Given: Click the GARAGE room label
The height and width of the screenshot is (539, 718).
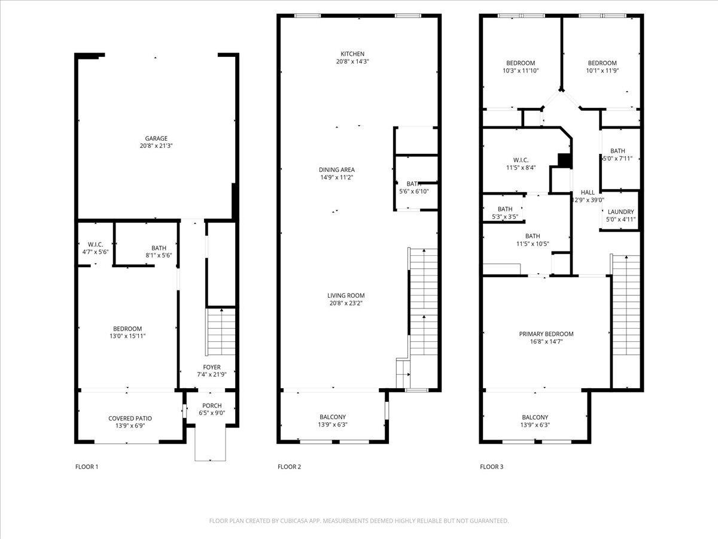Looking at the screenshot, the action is click(156, 138).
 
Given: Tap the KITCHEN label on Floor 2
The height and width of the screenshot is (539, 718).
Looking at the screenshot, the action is click(352, 54).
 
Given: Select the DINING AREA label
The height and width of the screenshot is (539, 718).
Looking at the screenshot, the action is click(337, 169).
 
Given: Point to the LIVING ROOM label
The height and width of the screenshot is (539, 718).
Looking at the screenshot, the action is click(346, 295).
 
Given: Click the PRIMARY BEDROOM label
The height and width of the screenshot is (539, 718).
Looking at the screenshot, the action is click(546, 334).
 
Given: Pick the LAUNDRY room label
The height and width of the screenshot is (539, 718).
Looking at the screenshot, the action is click(620, 212).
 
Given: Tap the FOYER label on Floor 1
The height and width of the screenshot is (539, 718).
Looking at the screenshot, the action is click(212, 367).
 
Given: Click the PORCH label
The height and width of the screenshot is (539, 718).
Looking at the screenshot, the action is click(212, 405).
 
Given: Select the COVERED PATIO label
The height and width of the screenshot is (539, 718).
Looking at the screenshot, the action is click(130, 418).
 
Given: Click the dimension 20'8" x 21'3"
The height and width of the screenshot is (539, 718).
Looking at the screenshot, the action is click(156, 146).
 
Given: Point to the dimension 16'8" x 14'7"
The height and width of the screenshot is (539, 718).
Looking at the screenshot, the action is click(546, 341).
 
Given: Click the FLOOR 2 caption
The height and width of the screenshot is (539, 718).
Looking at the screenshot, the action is click(289, 467).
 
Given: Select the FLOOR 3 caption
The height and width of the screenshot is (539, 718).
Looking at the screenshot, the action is click(492, 467).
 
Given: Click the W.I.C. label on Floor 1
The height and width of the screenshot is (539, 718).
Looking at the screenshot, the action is click(95, 244).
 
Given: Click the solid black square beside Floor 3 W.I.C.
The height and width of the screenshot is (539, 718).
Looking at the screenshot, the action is click(564, 161).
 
